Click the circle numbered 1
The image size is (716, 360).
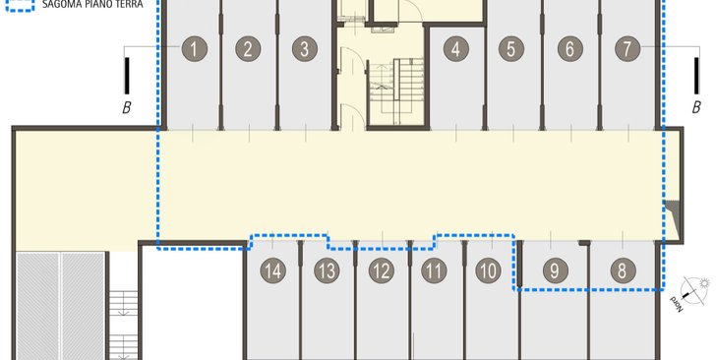(195, 49)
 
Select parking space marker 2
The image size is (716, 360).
(248, 49)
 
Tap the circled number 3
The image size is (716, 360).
(305, 49)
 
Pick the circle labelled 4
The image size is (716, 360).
(456, 49)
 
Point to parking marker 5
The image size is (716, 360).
(511, 49)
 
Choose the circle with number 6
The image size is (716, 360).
(569, 49)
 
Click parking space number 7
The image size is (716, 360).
(627, 49)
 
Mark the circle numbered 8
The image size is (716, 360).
(623, 270)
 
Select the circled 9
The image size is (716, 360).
(556, 270)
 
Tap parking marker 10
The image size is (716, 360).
(488, 270)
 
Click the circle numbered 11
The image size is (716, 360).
(434, 270)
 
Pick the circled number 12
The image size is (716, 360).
(382, 270)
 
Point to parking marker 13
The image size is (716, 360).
(327, 270)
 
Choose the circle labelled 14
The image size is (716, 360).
(273, 270)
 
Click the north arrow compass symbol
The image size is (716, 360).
(695, 289)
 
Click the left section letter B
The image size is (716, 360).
(127, 108)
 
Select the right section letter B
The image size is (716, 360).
(696, 108)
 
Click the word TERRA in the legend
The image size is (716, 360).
(128, 4)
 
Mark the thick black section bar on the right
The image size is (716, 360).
(696, 76)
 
